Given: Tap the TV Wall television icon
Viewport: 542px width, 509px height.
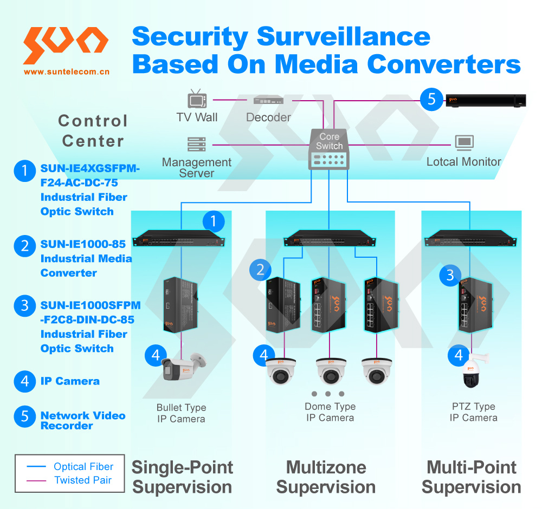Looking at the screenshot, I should pyautogui.click(x=197, y=100).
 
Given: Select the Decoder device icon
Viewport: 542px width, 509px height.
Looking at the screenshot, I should pyautogui.click(x=268, y=100).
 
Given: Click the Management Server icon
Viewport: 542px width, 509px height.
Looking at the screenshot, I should pyautogui.click(x=196, y=145).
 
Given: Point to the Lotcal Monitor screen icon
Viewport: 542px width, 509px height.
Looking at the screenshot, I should pyautogui.click(x=464, y=143).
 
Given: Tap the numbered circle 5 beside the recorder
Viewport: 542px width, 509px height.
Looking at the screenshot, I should pyautogui.click(x=431, y=99).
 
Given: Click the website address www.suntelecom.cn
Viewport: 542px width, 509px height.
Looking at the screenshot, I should pyautogui.click(x=67, y=71).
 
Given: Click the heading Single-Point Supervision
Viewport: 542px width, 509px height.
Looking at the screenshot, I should pyautogui.click(x=182, y=477).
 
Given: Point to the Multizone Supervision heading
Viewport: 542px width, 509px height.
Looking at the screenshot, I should pyautogui.click(x=326, y=477).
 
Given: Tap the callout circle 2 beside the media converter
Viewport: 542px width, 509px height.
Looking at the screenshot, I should pyautogui.click(x=260, y=269).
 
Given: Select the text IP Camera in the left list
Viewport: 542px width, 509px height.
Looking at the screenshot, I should pyautogui.click(x=70, y=381).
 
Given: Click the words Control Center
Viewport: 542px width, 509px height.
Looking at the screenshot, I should pyautogui.click(x=93, y=131).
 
